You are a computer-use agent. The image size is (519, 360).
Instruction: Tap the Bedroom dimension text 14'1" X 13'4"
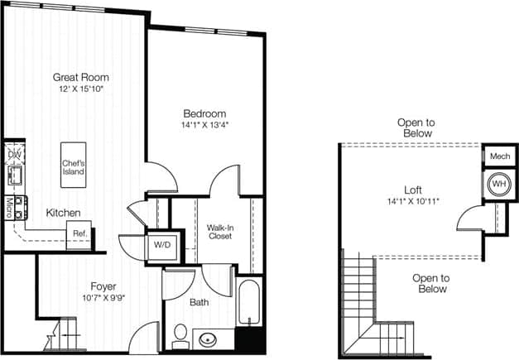204,126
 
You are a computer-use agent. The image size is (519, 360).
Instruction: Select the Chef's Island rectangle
73,166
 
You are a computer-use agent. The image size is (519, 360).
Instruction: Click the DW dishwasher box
14,154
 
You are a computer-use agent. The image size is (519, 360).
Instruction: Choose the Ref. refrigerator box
79,233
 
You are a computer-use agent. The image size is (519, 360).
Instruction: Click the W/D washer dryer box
160,245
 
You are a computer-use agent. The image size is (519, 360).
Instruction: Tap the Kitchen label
63,213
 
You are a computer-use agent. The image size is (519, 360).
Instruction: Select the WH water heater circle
499,183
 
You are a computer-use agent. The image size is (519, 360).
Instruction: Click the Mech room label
499,156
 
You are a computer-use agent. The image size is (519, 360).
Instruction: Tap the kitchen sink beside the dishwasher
14,175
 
